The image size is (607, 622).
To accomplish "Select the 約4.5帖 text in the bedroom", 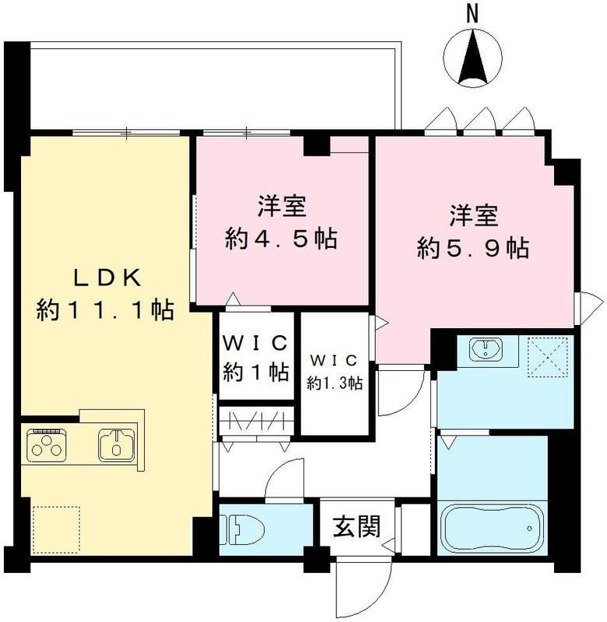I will tap(282, 239).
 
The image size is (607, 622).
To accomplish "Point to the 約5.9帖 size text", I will tap(473, 248).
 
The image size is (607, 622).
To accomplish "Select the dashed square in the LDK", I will tap(56, 528).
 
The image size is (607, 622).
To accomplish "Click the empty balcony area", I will tap(210, 86).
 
